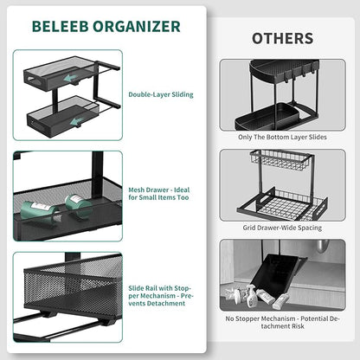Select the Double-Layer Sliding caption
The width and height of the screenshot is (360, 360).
coord(160,93)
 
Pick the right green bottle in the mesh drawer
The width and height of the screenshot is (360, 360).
coord(79,206)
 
